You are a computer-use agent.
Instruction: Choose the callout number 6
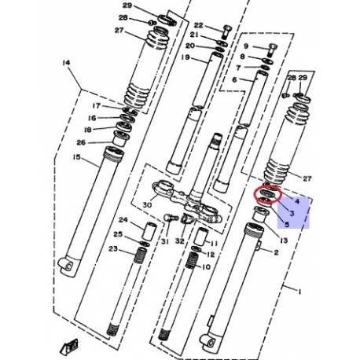pyautogui.click(x=234, y=80)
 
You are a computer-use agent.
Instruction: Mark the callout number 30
pyautogui.click(x=145, y=207)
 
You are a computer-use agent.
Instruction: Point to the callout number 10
pyautogui.click(x=208, y=267)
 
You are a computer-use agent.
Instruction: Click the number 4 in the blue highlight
pyautogui.click(x=298, y=202)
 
